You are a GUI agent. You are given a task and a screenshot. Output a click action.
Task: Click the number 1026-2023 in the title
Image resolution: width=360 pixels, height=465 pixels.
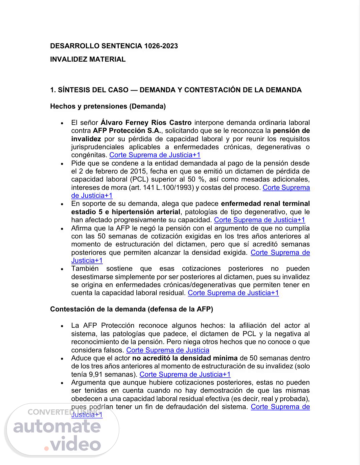pos(161,46)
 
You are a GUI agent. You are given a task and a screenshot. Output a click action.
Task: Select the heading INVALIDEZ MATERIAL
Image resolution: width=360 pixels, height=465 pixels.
pos(88,59)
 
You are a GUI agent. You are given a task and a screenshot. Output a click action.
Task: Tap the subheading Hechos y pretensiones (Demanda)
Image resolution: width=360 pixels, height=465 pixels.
pos(108,106)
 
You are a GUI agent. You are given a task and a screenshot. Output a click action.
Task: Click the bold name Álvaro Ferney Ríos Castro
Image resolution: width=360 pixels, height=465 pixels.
pos(146,123)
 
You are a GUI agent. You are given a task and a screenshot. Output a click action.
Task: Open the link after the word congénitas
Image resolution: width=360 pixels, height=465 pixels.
pos(155,155)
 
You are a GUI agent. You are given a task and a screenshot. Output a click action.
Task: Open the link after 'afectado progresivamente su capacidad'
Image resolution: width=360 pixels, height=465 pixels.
pos(259,220)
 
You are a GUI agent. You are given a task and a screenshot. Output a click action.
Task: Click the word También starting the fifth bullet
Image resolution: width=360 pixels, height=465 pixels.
pos(85,268)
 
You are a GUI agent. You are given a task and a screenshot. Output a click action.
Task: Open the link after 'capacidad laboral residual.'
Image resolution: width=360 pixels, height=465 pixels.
pos(233,293)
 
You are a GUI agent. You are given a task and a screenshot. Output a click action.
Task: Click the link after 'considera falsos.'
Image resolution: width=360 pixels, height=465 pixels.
pos(168,350)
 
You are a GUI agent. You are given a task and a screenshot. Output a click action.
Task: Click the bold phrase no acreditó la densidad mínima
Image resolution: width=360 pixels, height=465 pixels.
pos(185,358)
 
